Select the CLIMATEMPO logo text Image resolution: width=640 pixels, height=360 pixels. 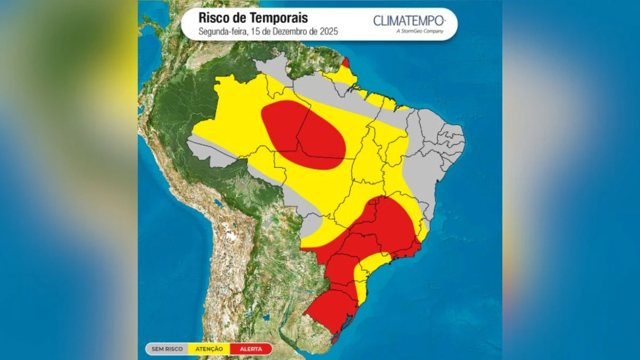coord(408,21)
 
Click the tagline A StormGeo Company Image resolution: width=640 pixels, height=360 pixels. coord(420,31)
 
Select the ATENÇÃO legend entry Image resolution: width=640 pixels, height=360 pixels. coord(209,349)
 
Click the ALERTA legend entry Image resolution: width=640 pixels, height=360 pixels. coord(251,349)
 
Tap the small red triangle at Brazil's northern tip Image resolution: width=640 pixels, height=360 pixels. coord(346,63)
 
